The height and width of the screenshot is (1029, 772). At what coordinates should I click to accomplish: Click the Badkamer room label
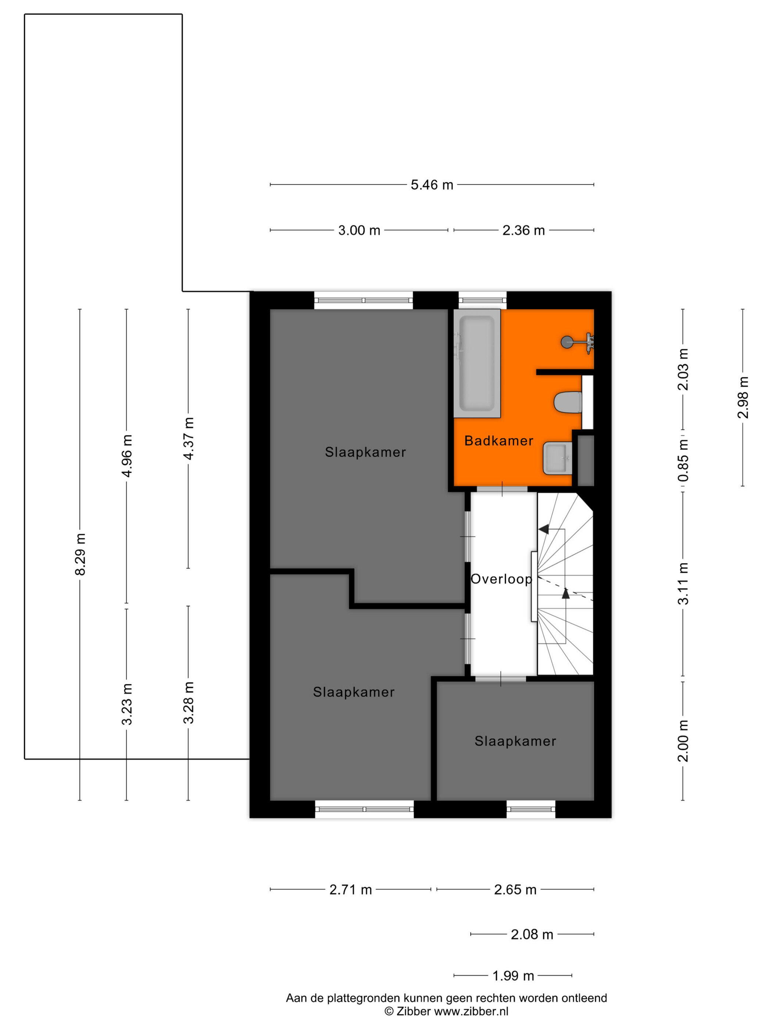click(x=498, y=441)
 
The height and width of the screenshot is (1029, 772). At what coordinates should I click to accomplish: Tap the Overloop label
click(x=501, y=579)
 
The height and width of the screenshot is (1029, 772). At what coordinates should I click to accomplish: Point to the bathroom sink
click(x=557, y=458)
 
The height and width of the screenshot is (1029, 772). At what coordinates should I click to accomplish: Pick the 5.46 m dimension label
click(x=431, y=185)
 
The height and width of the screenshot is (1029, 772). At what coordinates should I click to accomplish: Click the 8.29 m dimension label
click(x=81, y=555)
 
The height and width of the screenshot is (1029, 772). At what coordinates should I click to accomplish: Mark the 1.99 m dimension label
click(x=513, y=975)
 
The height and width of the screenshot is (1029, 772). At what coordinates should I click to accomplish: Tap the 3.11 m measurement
click(x=683, y=583)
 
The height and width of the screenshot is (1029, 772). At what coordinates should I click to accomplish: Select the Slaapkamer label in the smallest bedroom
click(x=515, y=741)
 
